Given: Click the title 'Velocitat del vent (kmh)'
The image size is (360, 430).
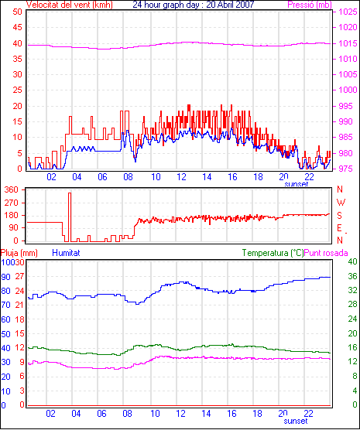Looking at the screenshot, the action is click(69, 5).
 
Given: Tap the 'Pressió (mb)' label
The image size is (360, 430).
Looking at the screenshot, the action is click(310, 5).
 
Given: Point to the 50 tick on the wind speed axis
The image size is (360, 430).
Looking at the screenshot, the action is click(17, 12).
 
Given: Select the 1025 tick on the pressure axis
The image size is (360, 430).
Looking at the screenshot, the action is click(348, 12).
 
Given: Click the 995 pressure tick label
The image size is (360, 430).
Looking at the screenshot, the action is click(346, 106).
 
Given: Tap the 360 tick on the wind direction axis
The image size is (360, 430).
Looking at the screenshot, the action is click(12, 189).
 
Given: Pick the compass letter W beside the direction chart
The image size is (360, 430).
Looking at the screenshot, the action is click(341, 203).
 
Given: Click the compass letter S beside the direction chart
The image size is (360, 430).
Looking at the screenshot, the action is click(340, 216).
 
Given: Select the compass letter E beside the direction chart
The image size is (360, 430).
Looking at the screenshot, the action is click(339, 228).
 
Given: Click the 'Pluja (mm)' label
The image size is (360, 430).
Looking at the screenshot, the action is click(19, 253).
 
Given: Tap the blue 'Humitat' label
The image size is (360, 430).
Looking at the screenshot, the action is click(66, 253).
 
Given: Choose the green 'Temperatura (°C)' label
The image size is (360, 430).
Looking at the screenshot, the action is click(273, 253).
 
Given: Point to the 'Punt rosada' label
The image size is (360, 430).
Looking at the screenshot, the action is click(326, 253).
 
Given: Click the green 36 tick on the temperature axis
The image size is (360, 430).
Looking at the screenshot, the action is click(352, 276).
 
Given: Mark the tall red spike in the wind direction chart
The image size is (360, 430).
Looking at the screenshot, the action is click(70, 217).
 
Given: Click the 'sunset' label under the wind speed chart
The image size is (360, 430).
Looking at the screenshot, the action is click(296, 184).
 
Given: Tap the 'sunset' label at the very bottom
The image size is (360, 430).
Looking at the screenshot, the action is click(296, 421).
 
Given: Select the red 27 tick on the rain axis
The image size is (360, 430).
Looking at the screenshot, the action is click(20, 276).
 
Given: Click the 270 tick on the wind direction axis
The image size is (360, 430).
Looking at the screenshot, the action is click(12, 203).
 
